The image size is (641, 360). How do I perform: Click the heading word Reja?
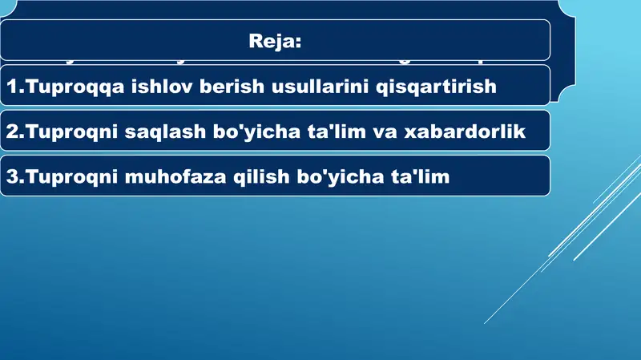(275, 41)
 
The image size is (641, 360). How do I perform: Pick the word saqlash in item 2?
(160, 132)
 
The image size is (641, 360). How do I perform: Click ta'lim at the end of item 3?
(421, 177)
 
